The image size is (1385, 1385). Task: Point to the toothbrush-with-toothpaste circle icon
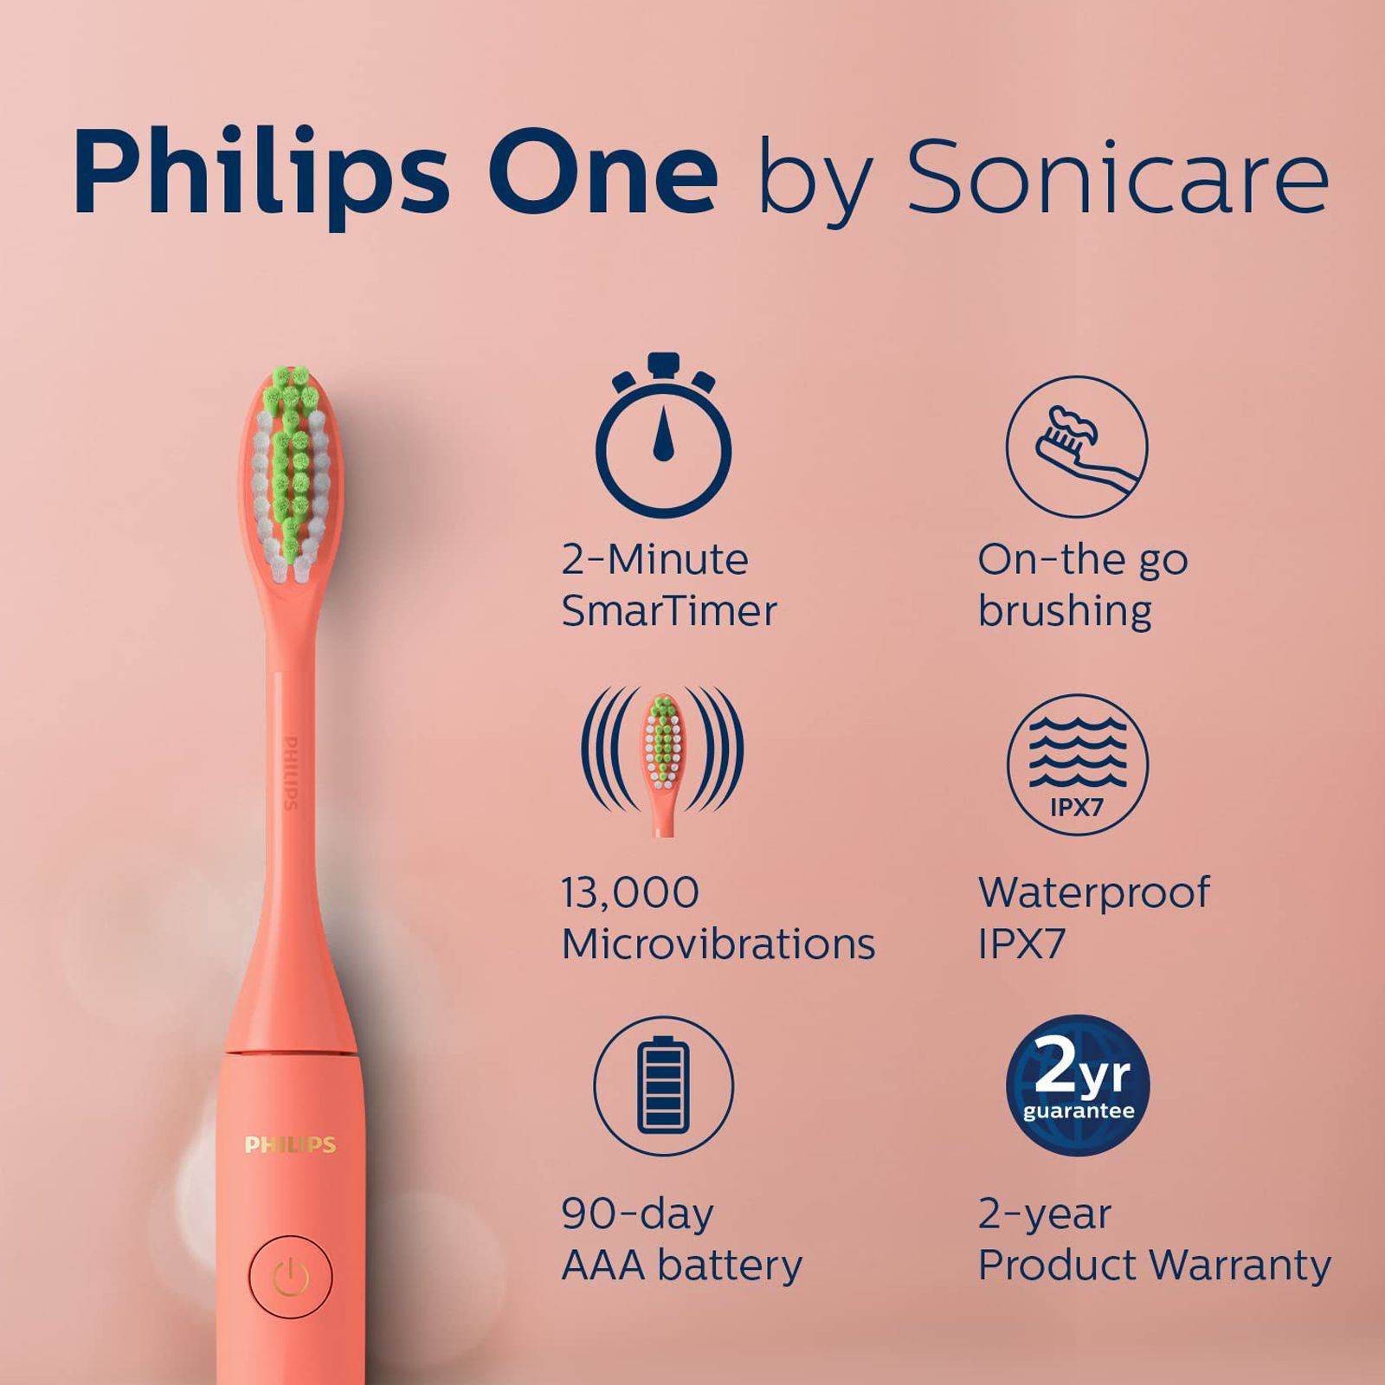click(1077, 447)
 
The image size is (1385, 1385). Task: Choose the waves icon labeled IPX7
click(1077, 764)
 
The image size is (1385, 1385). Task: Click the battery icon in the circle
click(663, 1085)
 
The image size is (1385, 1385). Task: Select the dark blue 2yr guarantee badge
click(1078, 1085)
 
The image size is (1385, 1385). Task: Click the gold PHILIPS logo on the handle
click(290, 1145)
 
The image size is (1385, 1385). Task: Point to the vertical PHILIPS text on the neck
click(292, 772)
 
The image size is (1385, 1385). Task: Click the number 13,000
click(630, 892)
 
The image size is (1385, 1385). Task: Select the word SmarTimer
click(669, 611)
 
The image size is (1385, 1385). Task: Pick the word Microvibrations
click(718, 944)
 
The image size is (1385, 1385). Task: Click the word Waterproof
click(1094, 892)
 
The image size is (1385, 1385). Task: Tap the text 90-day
click(637, 1214)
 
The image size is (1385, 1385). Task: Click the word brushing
click(1065, 612)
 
